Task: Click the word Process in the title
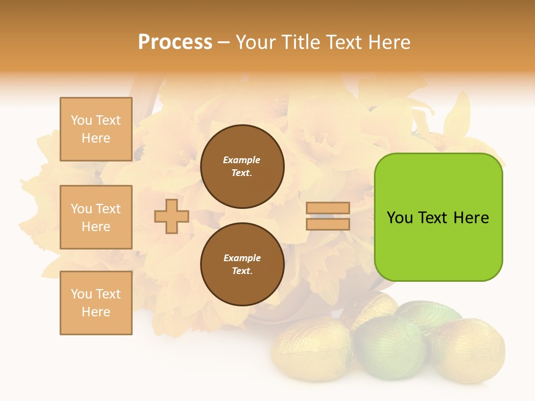175,42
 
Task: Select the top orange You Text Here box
96,129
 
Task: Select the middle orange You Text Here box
96,217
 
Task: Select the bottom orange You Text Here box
96,302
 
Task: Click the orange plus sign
172,216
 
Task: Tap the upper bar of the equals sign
328,208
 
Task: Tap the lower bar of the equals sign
328,224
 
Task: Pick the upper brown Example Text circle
242,166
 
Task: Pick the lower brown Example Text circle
242,264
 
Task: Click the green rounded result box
438,245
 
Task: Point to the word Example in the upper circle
242,160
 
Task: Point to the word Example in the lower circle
242,258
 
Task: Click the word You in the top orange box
81,120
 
